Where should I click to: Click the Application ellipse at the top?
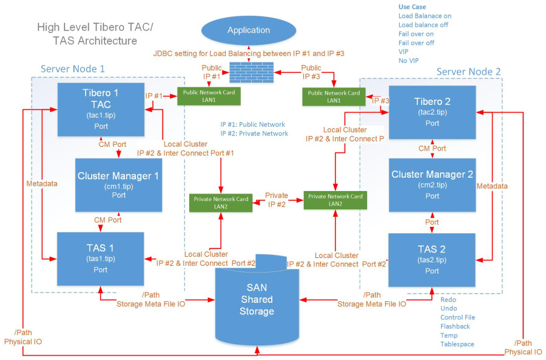[248, 30]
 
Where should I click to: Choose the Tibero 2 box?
[432, 109]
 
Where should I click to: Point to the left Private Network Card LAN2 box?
[220, 202]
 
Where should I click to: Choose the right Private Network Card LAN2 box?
[335, 200]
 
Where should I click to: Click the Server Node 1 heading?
[73, 69]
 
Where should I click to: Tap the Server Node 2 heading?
[468, 72]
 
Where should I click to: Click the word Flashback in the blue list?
[455, 326]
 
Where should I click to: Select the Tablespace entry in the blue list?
[457, 344]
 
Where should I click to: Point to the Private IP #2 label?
[277, 200]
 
